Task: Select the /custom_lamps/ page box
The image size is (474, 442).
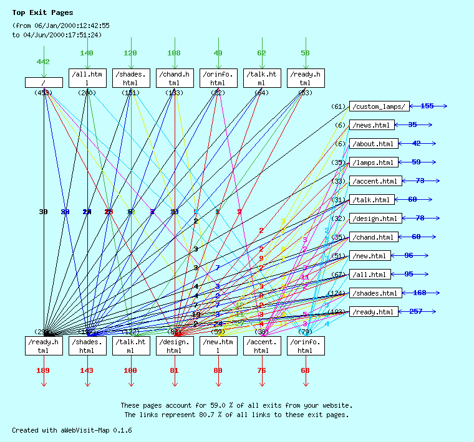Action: [x=380, y=106]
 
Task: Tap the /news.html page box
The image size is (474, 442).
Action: [x=373, y=125]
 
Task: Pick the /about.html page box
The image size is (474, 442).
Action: [x=373, y=144]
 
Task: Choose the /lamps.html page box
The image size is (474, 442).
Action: [x=373, y=162]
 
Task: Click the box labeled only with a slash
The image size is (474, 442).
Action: [x=44, y=82]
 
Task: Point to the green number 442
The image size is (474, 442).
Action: [x=43, y=62]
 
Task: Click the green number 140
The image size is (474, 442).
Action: [x=87, y=54]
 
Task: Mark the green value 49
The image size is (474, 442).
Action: [x=218, y=54]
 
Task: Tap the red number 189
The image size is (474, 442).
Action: [x=43, y=371]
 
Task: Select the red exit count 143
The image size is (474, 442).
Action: [x=87, y=371]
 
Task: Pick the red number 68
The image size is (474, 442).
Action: [x=305, y=371]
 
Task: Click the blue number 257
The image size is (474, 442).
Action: [x=416, y=311]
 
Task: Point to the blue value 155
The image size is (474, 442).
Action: [x=427, y=106]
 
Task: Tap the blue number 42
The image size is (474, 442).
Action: [x=416, y=144]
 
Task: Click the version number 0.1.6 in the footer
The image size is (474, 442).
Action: [x=122, y=430]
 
